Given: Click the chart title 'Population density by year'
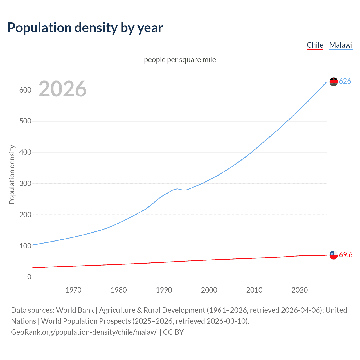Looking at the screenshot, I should tap(85, 28).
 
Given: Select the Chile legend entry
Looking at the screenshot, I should tap(315, 45).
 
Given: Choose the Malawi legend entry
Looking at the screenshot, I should tap(341, 45).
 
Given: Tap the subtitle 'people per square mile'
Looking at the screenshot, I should tap(180, 60).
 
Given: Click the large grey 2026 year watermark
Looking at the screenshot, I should tap(62, 89).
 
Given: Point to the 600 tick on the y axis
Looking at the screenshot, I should tap(25, 90).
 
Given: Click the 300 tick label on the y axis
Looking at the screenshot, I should tap(25, 183).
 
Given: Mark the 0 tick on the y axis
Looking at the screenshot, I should tap(29, 277).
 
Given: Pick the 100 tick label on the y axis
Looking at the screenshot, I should tap(25, 246).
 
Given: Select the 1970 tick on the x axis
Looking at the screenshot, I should tap(73, 290).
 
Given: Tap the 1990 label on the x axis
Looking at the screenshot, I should tap(164, 290).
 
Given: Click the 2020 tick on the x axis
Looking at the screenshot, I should tap(300, 290).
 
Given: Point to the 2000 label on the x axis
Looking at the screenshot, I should tap(209, 290).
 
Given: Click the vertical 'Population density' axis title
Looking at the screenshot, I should tap(12, 174).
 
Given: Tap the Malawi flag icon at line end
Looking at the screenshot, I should tap(334, 82).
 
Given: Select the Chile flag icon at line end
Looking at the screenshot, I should tap(334, 255).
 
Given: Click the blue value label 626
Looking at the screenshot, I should tap(345, 81).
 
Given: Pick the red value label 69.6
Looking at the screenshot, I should tap(346, 255).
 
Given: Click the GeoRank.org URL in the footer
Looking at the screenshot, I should tap(84, 332).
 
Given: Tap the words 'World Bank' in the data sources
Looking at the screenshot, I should tap(75, 310).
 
